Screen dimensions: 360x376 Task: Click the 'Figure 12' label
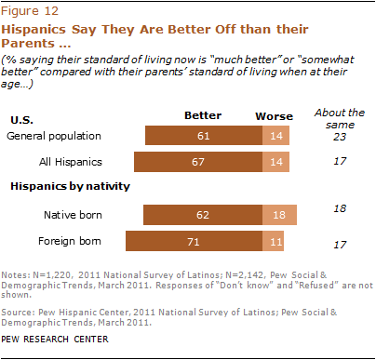point(29,11)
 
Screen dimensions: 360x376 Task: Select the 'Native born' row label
point(74,215)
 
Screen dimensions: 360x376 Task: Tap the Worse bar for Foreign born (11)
point(275,242)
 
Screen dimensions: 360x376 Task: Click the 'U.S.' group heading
point(22,120)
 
